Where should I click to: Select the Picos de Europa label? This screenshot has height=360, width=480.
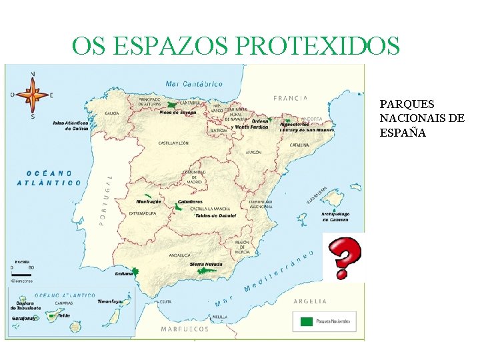178,113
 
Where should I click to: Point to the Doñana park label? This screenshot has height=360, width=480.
124,273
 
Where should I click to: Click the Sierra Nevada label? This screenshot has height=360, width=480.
206,264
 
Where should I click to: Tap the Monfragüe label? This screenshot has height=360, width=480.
149,201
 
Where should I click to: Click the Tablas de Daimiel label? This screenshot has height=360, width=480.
214,216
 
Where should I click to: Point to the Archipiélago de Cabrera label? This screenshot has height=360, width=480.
335,217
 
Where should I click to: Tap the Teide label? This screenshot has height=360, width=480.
64,315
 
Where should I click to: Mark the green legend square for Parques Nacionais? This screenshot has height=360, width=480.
306,321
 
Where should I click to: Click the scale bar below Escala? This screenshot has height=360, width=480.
22,274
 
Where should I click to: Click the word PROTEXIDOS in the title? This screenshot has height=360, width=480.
317,46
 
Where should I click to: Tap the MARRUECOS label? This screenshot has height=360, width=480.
185,329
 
